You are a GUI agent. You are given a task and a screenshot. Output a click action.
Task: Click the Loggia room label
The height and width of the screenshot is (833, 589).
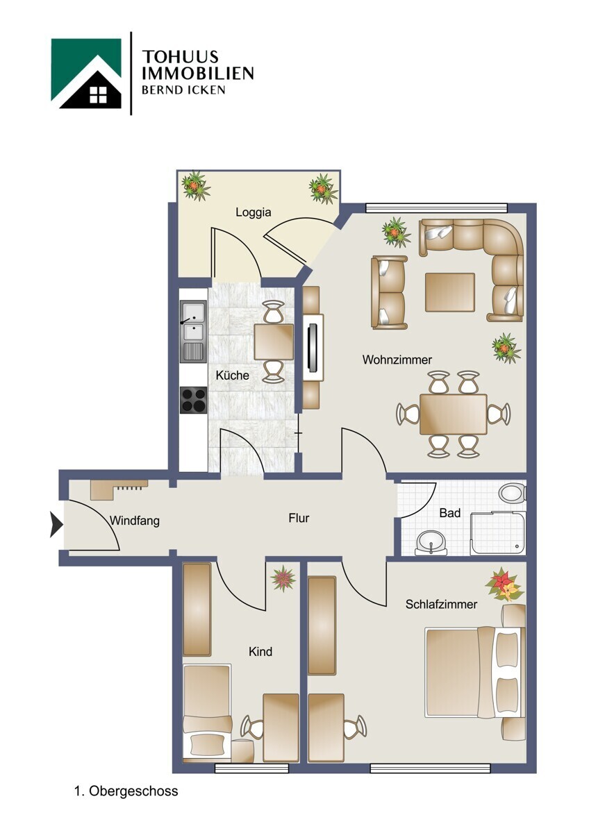253,212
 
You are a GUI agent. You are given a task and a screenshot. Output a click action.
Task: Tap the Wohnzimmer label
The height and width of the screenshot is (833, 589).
397,360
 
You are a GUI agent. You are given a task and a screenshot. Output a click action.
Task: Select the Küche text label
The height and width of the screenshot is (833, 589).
232,376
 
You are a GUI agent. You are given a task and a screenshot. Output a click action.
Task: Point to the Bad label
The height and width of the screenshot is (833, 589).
450,513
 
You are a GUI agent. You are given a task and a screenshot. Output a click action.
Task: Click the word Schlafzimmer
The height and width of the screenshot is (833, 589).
441,605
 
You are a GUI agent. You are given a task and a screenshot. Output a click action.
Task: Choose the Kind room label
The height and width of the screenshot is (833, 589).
260,652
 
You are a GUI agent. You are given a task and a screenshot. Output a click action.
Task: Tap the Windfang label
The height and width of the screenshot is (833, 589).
135,521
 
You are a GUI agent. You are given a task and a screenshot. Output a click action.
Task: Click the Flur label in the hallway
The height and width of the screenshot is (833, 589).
299,518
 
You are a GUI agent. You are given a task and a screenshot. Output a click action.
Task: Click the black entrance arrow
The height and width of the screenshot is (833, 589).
56,524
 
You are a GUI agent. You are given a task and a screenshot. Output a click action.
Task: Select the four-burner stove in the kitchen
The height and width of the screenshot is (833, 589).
193,400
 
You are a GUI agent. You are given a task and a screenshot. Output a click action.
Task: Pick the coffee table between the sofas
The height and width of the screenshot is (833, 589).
450,292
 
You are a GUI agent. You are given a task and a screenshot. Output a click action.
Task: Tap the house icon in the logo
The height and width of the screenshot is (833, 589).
86,74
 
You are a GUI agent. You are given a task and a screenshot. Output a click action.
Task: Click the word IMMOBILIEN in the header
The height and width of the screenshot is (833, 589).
197,74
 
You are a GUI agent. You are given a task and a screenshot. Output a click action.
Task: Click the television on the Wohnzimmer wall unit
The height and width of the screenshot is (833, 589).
313,347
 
